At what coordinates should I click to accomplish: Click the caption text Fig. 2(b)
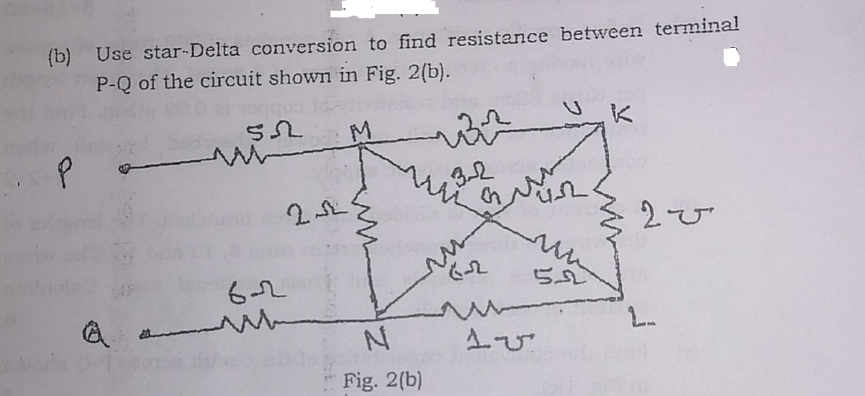pos(383,381)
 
